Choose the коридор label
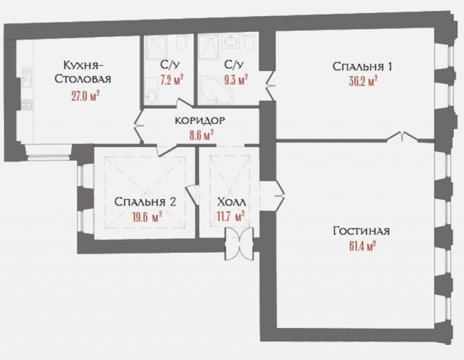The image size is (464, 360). pos(199,120)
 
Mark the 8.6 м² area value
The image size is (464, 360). pos(199,134)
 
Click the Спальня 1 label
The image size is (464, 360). pos(362,67)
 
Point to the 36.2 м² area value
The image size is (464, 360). pos(362,81)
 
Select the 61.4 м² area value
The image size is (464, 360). pos(362,246)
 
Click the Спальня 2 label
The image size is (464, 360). pos(145,202)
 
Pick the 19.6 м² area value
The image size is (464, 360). pos(145,217)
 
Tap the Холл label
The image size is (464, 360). pos(231,202)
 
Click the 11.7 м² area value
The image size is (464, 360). pos(231,216)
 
